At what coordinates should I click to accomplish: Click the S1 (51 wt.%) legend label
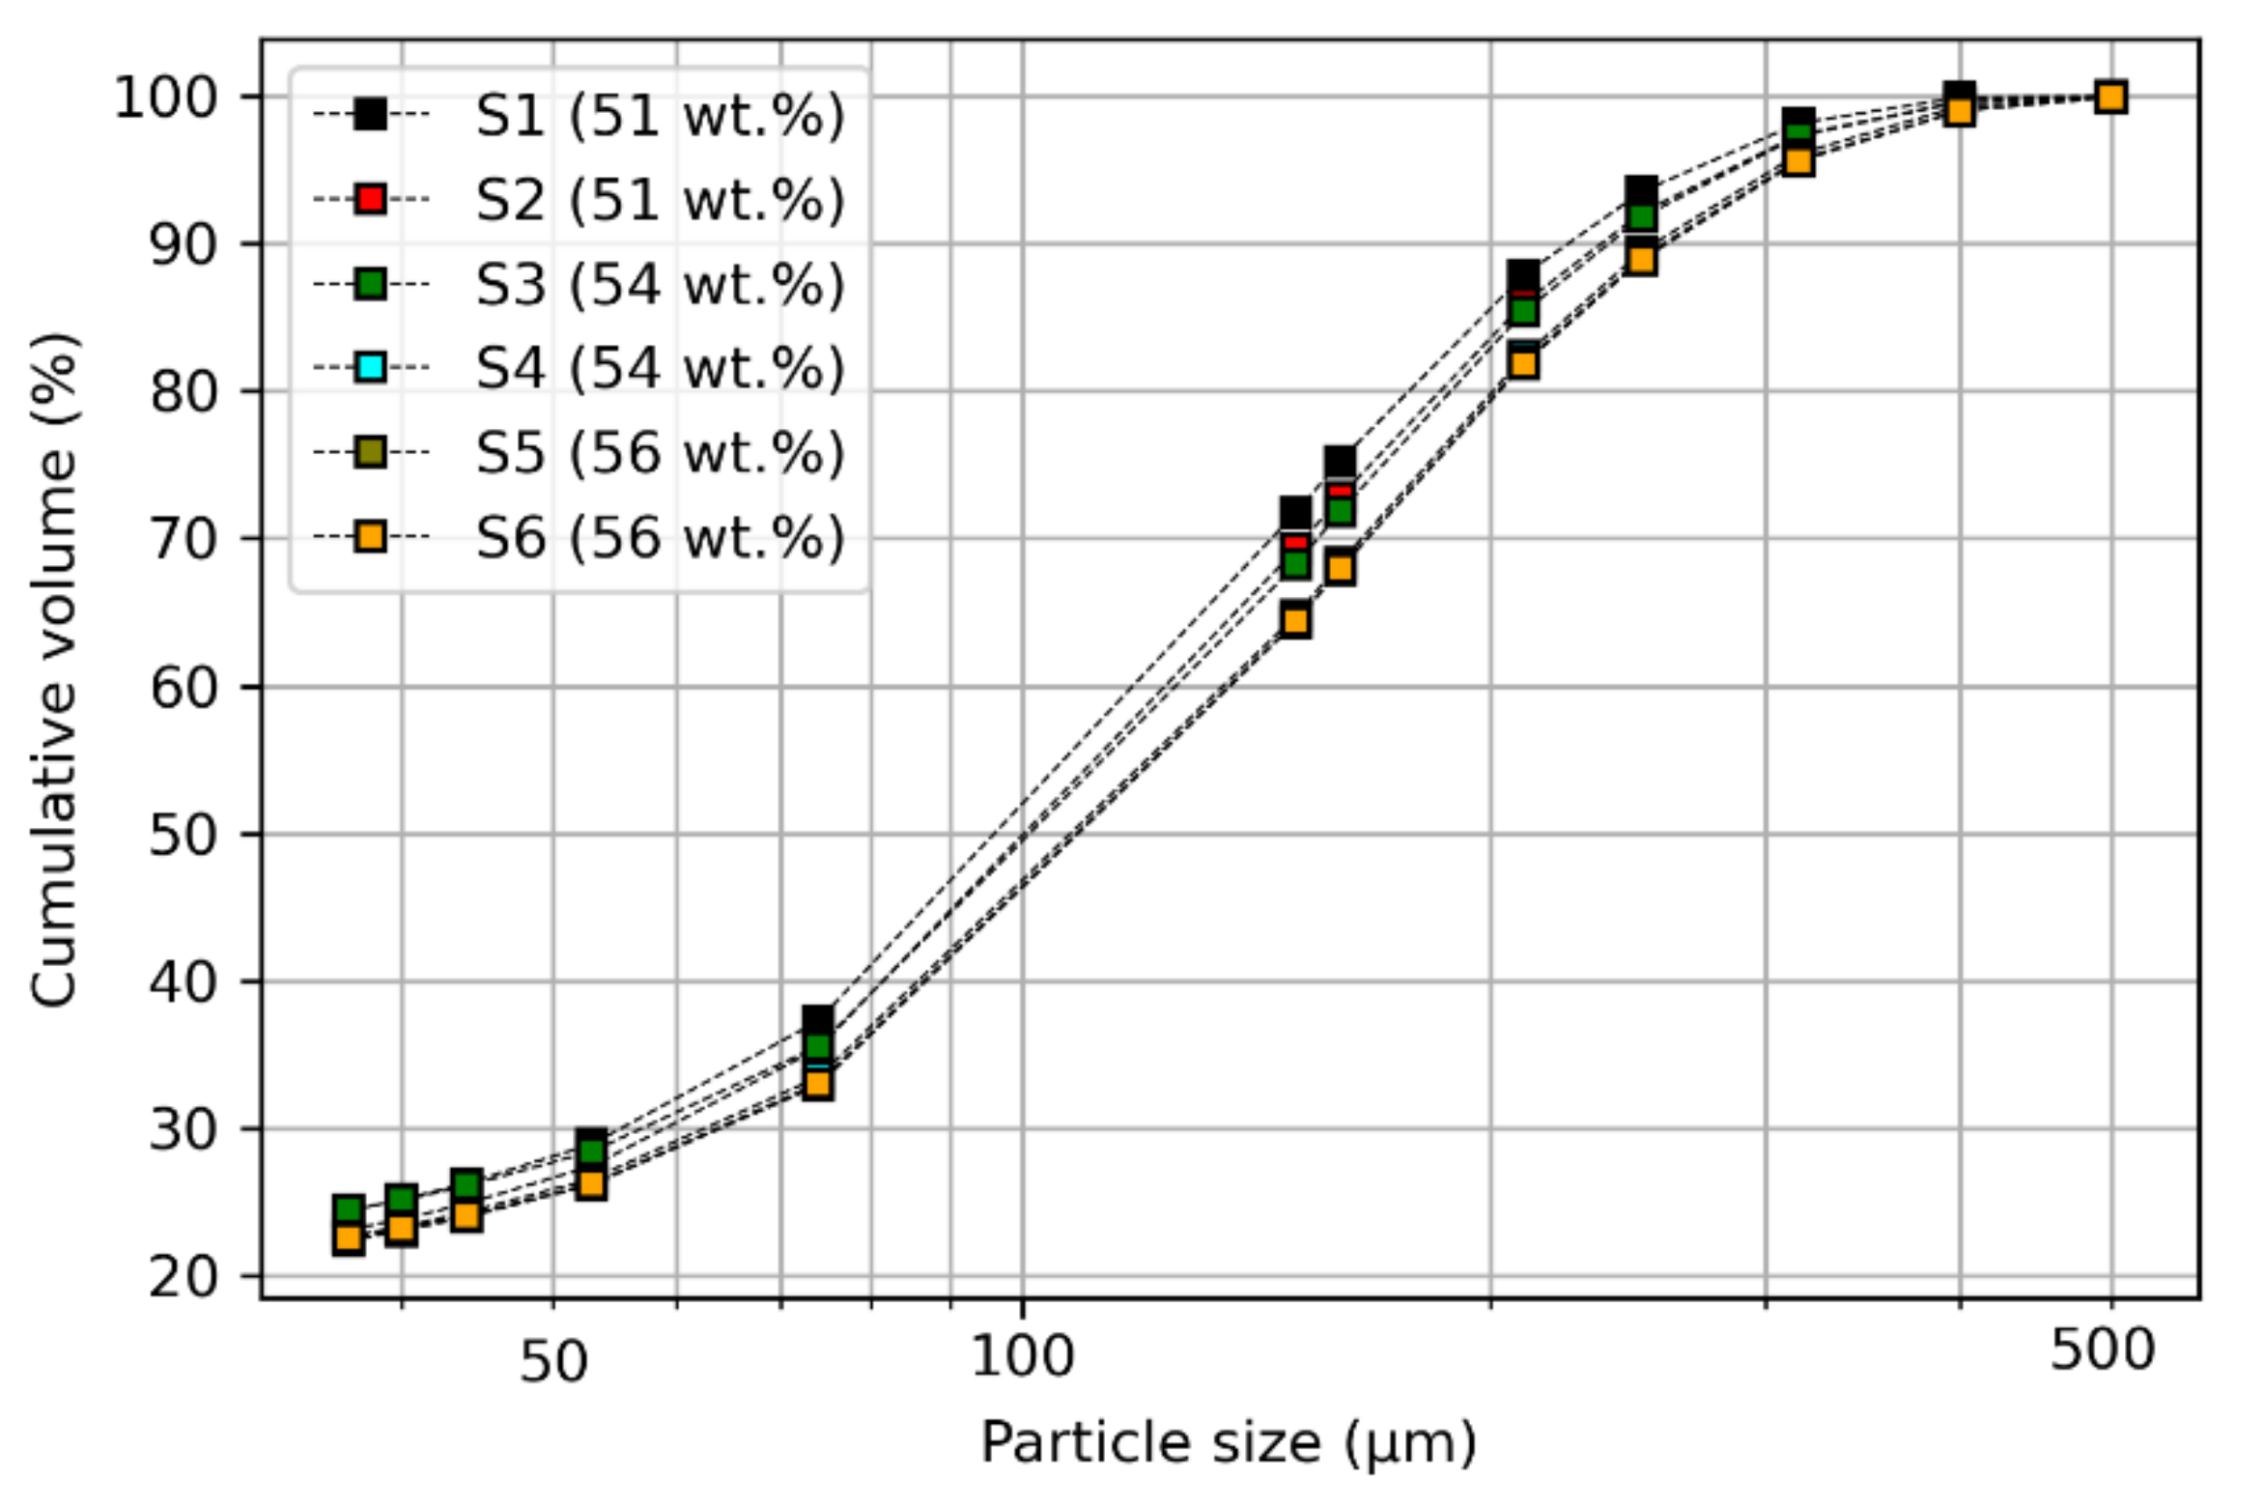(660, 115)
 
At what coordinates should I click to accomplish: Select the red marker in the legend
(371, 199)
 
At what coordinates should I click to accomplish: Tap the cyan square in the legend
(371, 367)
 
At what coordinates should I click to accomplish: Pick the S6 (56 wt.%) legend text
(660, 537)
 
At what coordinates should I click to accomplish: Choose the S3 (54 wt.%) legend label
(660, 284)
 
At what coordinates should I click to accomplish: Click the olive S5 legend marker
(371, 452)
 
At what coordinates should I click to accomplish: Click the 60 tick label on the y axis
(181, 687)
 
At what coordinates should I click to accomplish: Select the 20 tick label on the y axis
(181, 1277)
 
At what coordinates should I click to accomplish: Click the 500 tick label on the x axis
(2102, 1350)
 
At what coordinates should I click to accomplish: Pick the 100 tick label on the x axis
(1022, 1355)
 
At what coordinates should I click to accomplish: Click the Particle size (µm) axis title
(1229, 1443)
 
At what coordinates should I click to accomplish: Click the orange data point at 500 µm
(2110, 98)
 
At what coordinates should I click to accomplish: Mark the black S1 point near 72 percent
(1295, 513)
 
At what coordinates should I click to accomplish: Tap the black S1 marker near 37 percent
(818, 1020)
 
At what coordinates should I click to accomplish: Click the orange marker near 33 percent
(818, 1084)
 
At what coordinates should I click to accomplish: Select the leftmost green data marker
(349, 1208)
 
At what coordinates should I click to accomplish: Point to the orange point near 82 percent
(1523, 363)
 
